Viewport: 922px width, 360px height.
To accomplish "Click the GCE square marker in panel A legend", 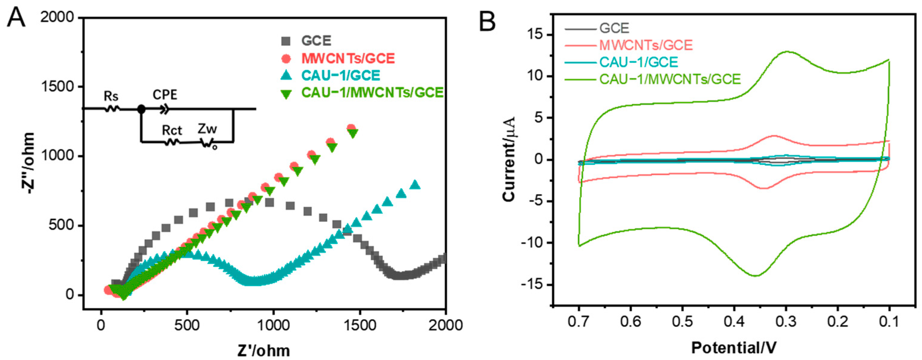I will click(x=286, y=41).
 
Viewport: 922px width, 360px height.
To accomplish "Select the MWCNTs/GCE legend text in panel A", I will click(x=348, y=58).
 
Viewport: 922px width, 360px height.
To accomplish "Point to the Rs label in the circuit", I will click(x=111, y=96).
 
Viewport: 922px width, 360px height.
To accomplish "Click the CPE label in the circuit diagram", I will click(x=165, y=95).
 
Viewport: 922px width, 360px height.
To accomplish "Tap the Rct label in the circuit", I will click(x=172, y=130).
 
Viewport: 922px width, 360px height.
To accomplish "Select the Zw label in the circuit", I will click(x=207, y=129).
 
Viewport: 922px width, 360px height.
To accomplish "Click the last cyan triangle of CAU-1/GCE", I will click(x=415, y=185).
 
